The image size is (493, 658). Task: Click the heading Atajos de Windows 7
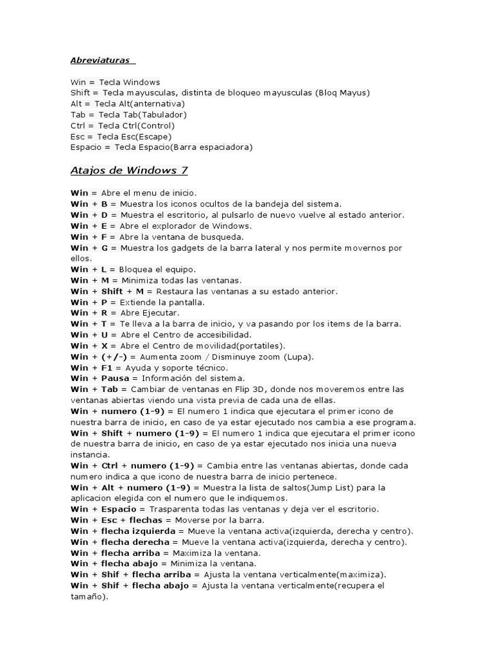[128, 170]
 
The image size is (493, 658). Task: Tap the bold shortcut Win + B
[90, 204]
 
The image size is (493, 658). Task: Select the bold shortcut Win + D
[90, 215]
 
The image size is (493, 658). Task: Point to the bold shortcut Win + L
[89, 269]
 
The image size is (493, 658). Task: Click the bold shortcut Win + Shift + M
[107, 291]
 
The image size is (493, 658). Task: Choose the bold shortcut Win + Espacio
[104, 509]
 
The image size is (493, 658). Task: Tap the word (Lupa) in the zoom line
[299, 357]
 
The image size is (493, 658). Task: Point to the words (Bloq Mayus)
[342, 93]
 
